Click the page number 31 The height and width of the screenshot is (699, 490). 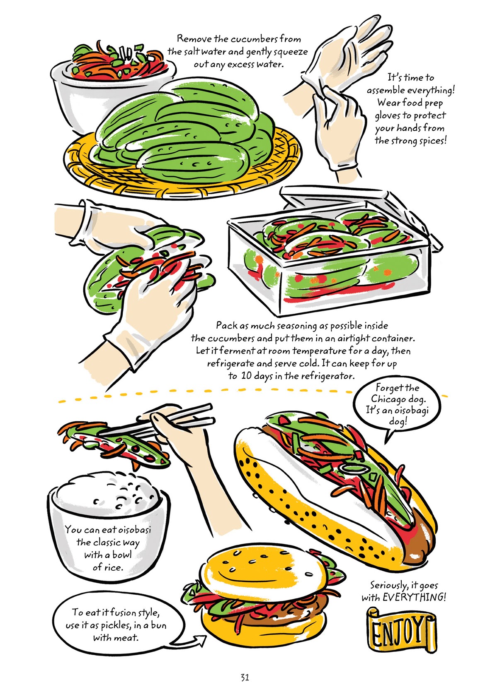point(244,677)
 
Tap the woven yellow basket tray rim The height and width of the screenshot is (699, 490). point(182,182)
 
